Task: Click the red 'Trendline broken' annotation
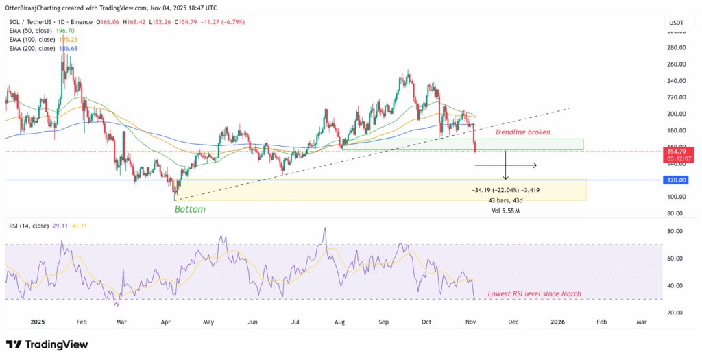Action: tap(523, 132)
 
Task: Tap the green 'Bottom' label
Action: tap(190, 209)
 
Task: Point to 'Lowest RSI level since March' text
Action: tap(534, 293)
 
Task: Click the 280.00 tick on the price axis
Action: tap(677, 48)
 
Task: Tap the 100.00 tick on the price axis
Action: tap(677, 197)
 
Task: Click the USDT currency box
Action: tap(677, 23)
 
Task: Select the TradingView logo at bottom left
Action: tap(47, 344)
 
